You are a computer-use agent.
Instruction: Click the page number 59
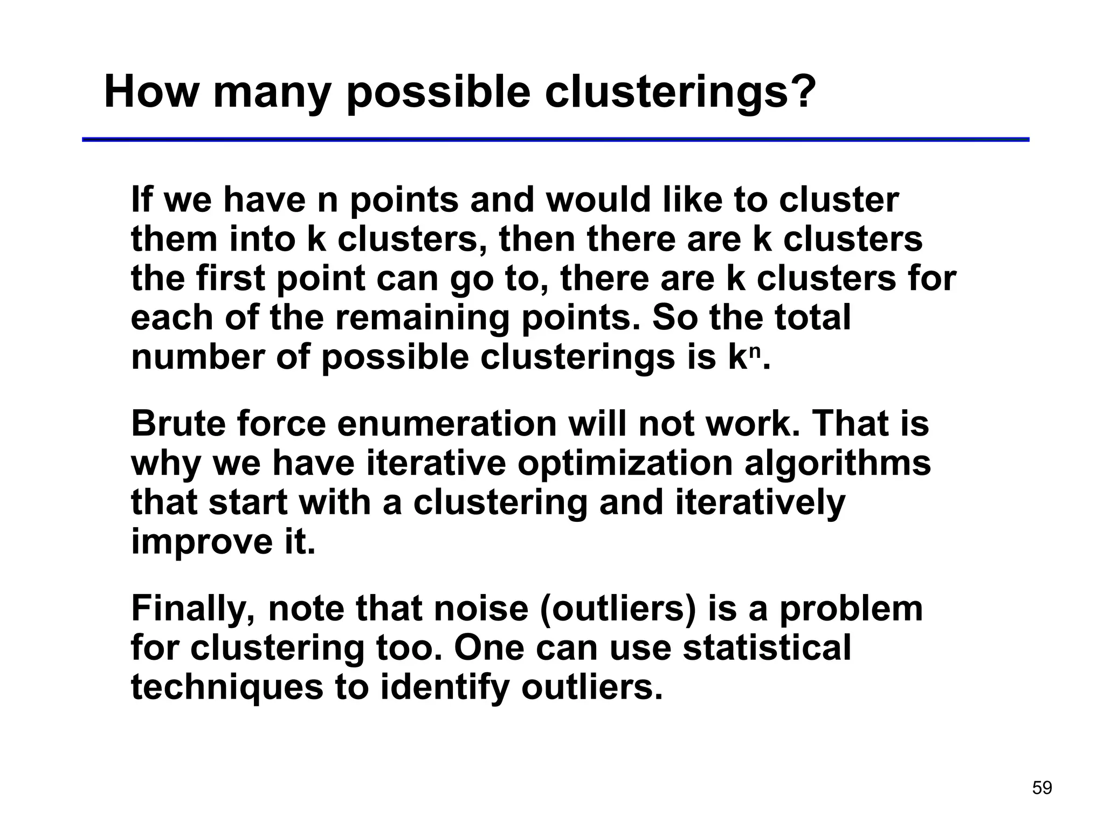coord(1041,788)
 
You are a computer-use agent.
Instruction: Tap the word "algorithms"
coord(838,464)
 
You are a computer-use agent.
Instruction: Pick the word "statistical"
coord(767,647)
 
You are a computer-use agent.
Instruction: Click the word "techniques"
coord(227,688)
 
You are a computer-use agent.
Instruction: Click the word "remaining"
coord(422,318)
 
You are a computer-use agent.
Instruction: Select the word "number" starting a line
coord(198,357)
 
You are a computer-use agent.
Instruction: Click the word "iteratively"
coord(760,503)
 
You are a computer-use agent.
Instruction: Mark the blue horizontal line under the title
coord(555,140)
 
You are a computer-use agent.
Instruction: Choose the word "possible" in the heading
coord(438,93)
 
